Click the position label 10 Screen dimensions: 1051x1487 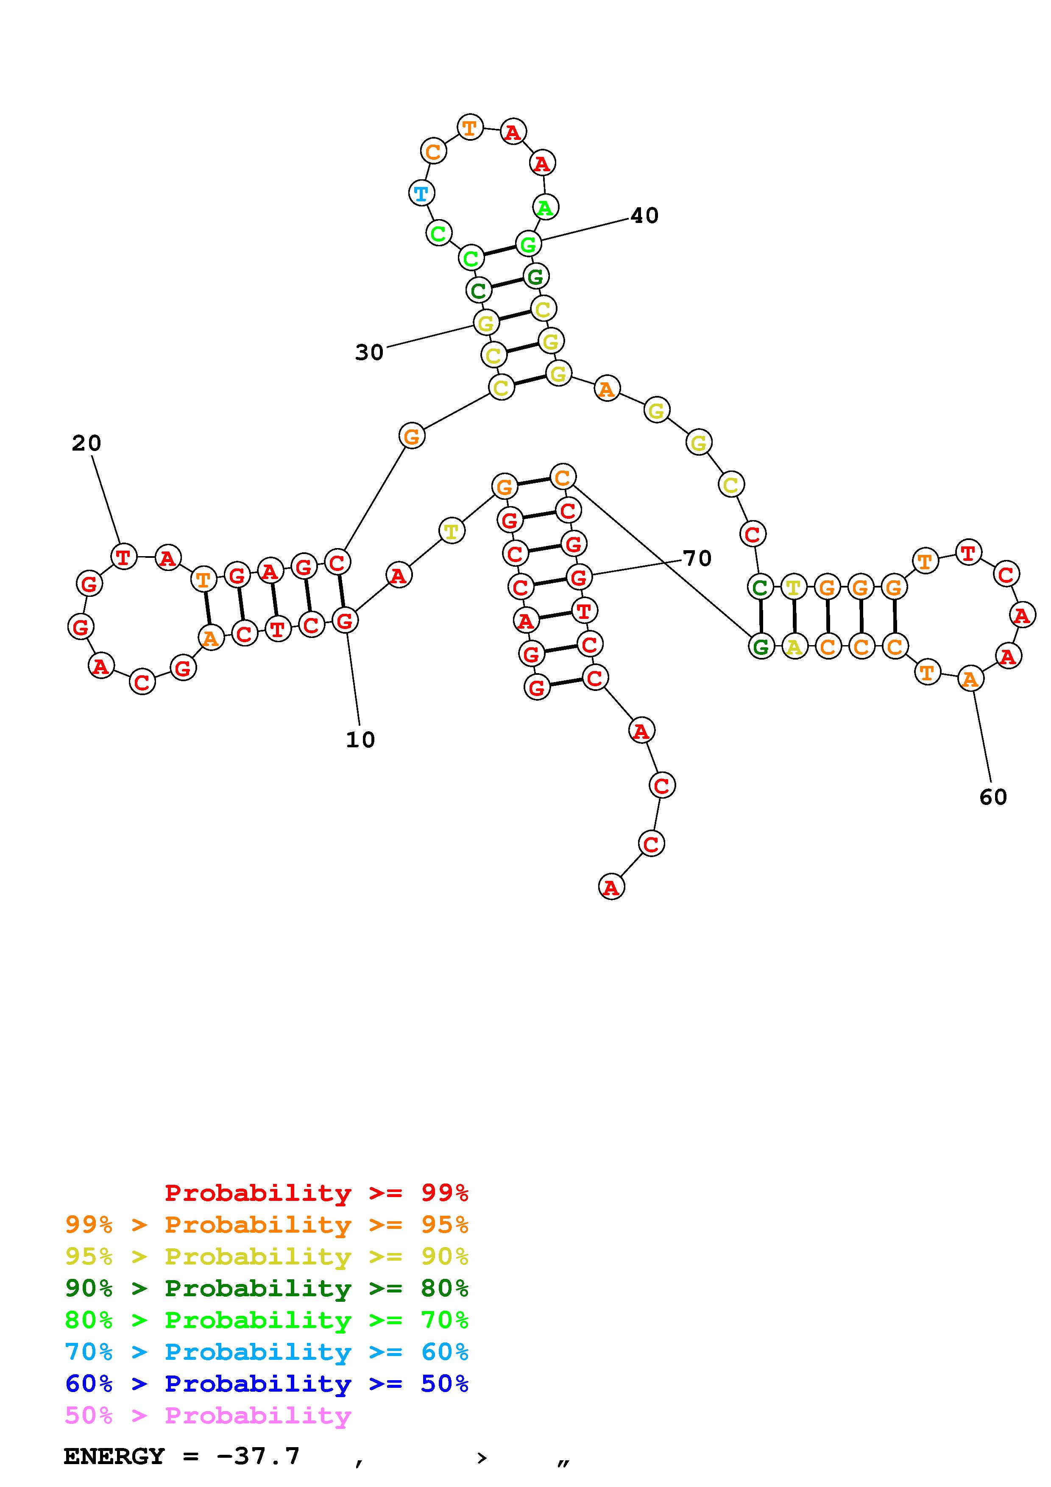pyautogui.click(x=360, y=740)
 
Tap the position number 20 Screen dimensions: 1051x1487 pyautogui.click(x=86, y=444)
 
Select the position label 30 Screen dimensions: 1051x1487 pyautogui.click(x=369, y=353)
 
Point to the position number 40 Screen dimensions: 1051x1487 pyautogui.click(x=644, y=216)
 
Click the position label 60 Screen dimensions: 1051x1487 pyautogui.click(x=993, y=797)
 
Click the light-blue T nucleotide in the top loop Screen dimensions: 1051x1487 pyautogui.click(x=421, y=193)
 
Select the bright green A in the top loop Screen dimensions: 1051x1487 pyautogui.click(x=545, y=208)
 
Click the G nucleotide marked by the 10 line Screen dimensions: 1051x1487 pyautogui.click(x=345, y=621)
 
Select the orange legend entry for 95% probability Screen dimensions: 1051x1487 pyautogui.click(x=267, y=1225)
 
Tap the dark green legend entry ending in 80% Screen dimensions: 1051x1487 pyautogui.click(x=267, y=1288)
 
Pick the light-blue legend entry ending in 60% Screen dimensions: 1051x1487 pyautogui.click(x=267, y=1352)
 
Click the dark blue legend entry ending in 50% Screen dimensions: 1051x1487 pyautogui.click(x=267, y=1384)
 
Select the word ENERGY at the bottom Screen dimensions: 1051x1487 pyautogui.click(x=114, y=1456)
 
